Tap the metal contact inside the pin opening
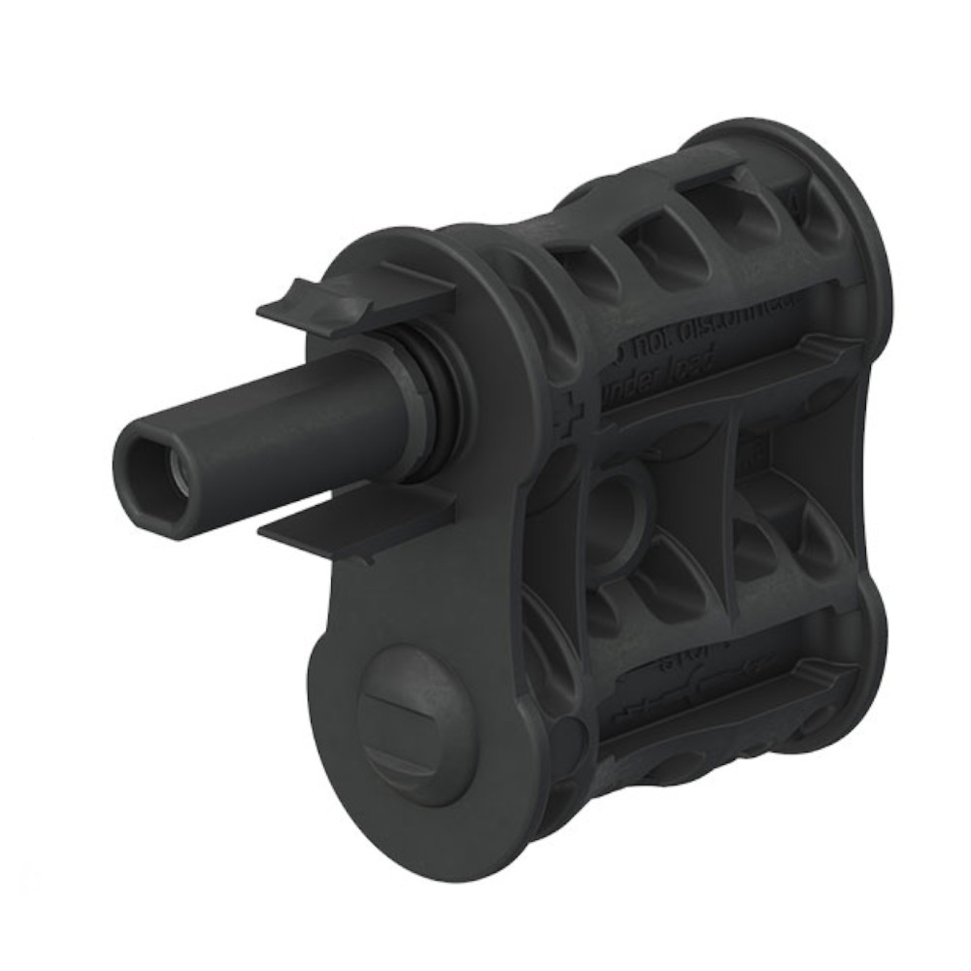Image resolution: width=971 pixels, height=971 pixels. (x=177, y=474)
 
